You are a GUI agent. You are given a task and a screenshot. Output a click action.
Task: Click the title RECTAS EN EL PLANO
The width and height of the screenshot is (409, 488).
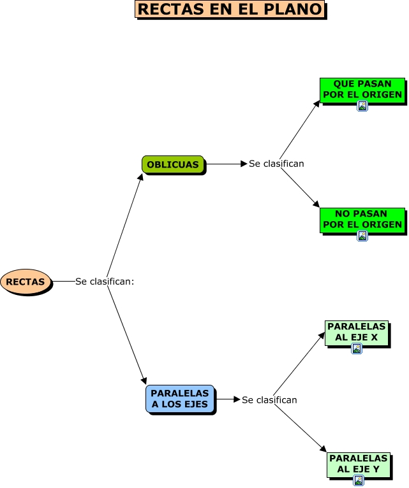pyautogui.click(x=230, y=10)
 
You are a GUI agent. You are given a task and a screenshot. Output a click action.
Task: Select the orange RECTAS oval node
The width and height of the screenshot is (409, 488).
pyautogui.click(x=26, y=282)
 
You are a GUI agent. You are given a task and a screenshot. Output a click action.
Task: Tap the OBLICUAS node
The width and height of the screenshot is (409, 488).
pyautogui.click(x=173, y=164)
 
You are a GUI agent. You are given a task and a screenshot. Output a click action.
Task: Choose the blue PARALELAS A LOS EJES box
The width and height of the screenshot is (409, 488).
pyautogui.click(x=180, y=399)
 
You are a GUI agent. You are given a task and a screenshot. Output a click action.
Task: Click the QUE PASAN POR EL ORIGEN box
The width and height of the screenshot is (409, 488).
pyautogui.click(x=362, y=89)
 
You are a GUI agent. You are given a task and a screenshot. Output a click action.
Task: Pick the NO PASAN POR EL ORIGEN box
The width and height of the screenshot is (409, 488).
pyautogui.click(x=362, y=219)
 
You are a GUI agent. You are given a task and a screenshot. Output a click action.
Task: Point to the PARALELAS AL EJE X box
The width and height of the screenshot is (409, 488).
pyautogui.click(x=356, y=332)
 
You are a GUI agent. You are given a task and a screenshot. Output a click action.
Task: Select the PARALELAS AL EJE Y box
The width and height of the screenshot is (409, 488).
pyautogui.click(x=358, y=464)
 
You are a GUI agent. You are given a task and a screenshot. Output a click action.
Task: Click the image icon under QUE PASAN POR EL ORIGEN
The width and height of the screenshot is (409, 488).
pyautogui.click(x=362, y=106)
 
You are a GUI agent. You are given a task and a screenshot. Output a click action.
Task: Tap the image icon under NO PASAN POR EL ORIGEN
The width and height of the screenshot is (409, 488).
pyautogui.click(x=362, y=236)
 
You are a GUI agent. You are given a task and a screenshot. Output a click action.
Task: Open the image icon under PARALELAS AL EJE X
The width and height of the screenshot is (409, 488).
pyautogui.click(x=357, y=348)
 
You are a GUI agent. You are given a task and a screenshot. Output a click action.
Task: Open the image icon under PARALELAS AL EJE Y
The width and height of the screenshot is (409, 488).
pyautogui.click(x=359, y=480)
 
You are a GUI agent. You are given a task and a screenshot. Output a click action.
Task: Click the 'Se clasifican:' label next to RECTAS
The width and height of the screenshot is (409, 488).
pyautogui.click(x=105, y=282)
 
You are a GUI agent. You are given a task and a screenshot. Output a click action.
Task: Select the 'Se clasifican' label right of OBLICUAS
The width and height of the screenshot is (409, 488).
pyautogui.click(x=276, y=164)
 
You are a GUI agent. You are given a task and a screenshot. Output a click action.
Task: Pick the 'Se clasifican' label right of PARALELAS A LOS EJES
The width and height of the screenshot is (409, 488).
pyautogui.click(x=269, y=400)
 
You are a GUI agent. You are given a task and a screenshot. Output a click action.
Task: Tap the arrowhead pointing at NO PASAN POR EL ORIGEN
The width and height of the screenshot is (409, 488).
pyautogui.click(x=316, y=205)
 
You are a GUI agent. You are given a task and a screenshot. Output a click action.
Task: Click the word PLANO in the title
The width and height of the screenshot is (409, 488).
pyautogui.click(x=294, y=10)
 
